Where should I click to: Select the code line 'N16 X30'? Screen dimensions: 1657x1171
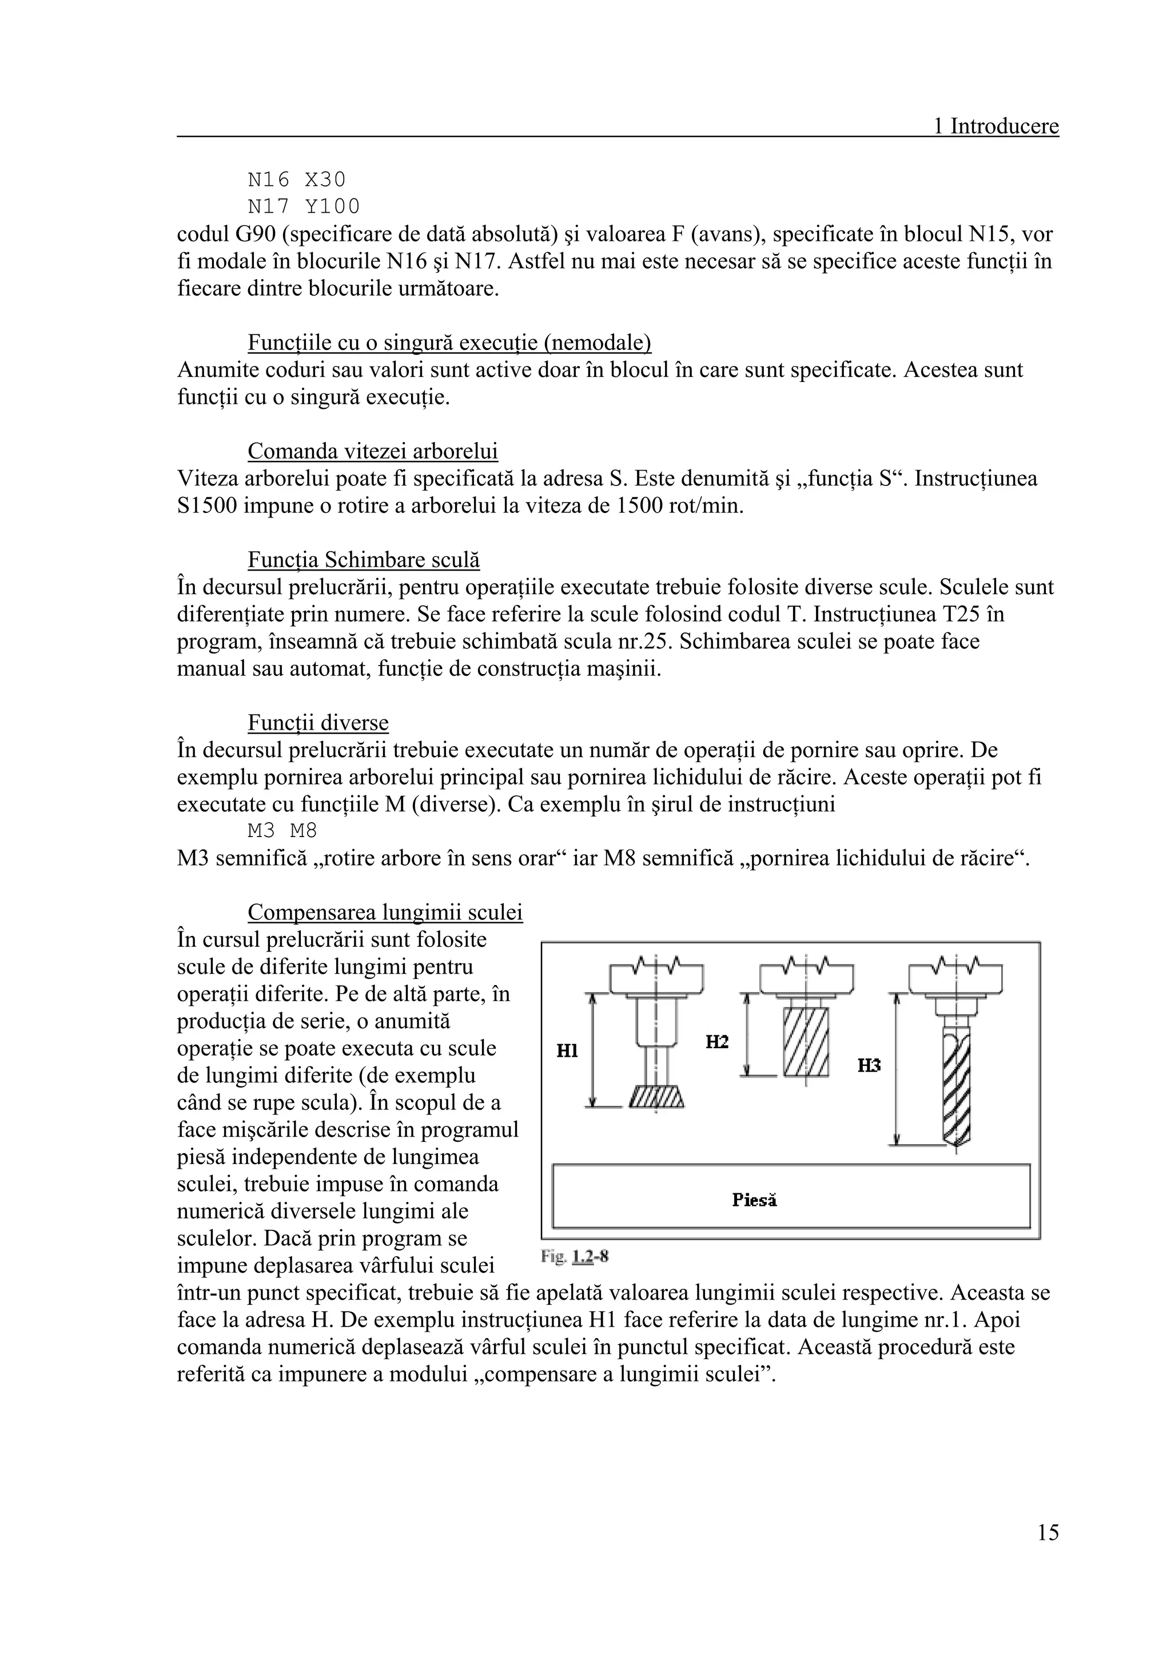(297, 179)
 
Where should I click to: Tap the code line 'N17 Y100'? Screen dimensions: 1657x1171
(303, 206)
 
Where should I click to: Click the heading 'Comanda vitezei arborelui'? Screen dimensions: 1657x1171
(372, 451)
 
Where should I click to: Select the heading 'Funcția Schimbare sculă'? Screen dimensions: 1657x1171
(364, 560)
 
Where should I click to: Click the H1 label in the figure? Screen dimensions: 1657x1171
(567, 1051)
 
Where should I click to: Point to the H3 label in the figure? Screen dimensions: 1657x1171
(869, 1065)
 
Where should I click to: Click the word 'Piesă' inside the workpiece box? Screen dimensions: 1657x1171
(754, 1201)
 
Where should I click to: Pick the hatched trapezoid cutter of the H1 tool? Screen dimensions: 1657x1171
(656, 1097)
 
